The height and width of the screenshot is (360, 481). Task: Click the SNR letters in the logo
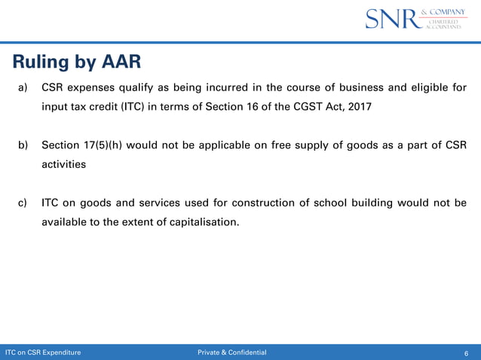coord(391,19)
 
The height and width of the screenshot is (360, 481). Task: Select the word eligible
coord(427,87)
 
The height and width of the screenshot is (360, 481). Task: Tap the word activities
coord(63,163)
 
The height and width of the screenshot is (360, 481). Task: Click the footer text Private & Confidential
coord(231,352)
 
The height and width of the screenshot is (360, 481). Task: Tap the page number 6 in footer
coord(467,352)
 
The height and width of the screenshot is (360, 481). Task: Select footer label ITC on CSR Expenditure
coord(43,352)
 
